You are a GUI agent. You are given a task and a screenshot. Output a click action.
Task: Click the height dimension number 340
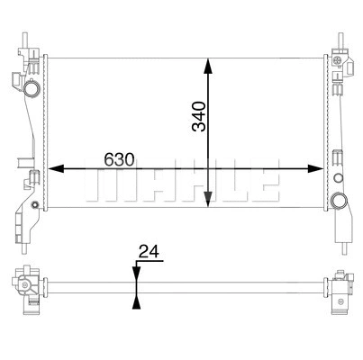199,117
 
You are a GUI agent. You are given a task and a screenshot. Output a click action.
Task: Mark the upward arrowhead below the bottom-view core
136,301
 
